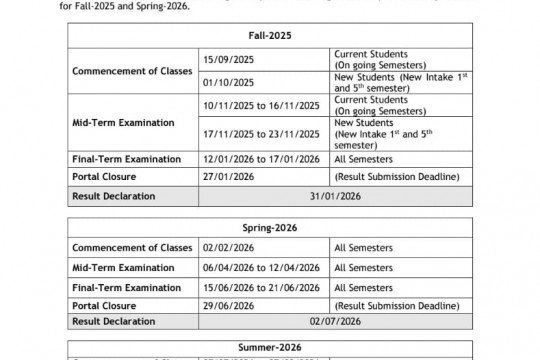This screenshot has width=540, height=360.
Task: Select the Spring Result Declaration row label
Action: [114, 321]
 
